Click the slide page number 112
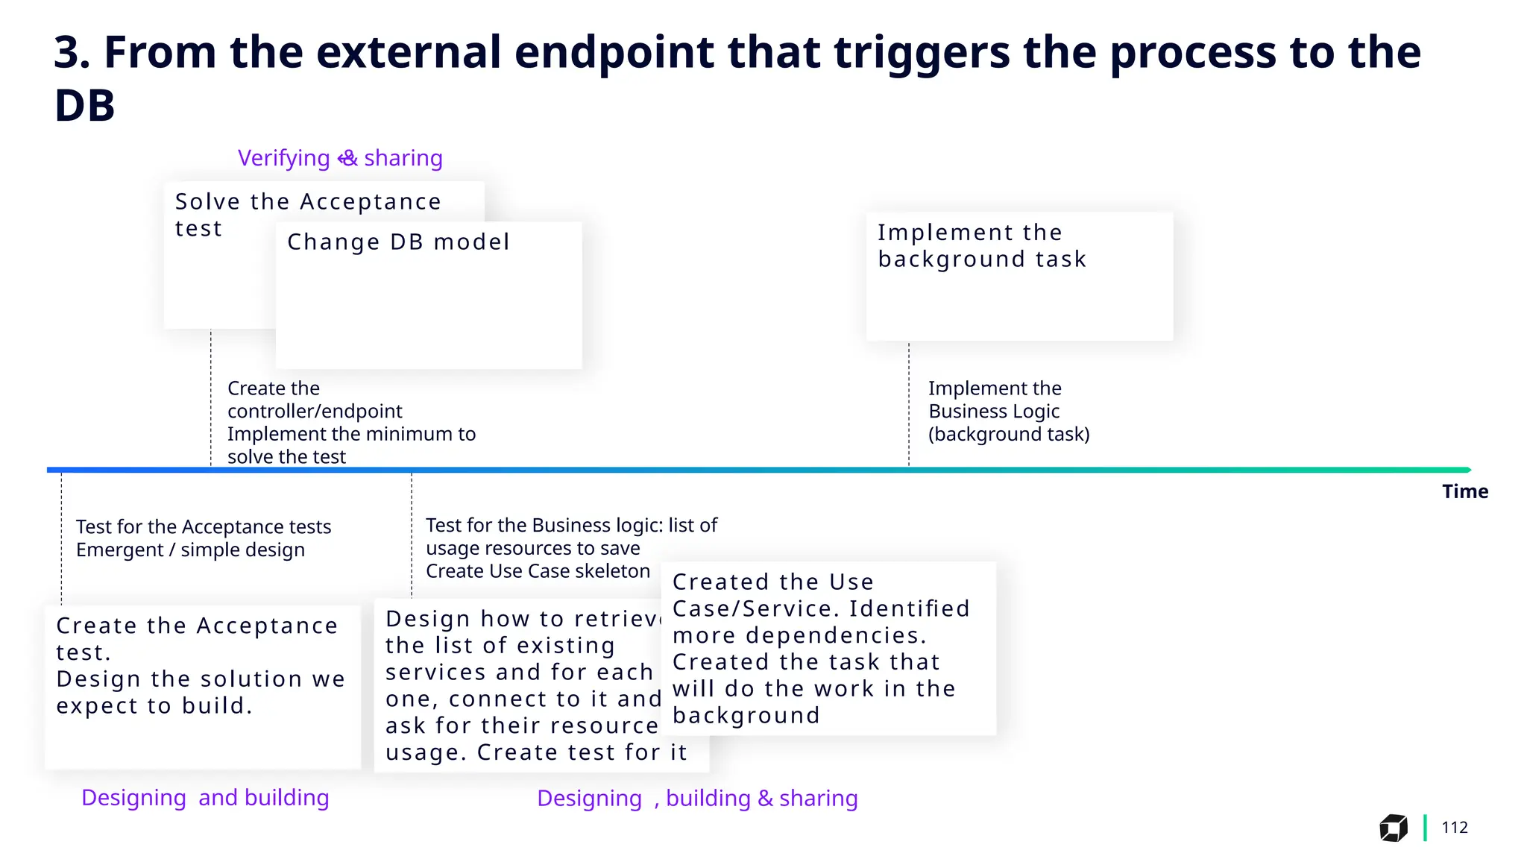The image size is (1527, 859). pyautogui.click(x=1454, y=827)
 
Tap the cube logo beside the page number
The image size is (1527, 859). pyautogui.click(x=1393, y=828)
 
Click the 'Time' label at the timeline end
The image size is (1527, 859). pyautogui.click(x=1464, y=491)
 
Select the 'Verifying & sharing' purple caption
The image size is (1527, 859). pyautogui.click(x=340, y=158)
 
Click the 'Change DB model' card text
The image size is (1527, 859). pyautogui.click(x=398, y=242)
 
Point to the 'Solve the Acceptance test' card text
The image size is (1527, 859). pyautogui.click(x=307, y=215)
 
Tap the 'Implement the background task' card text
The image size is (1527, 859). pyautogui.click(x=981, y=246)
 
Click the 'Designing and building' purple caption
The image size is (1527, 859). pyautogui.click(x=205, y=797)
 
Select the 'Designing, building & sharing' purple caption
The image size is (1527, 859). pyautogui.click(x=697, y=798)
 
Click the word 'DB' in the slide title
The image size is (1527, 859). pyautogui.click(x=85, y=105)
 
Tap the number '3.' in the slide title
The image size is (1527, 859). pyautogui.click(x=72, y=52)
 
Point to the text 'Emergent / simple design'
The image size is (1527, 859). pyautogui.click(x=190, y=550)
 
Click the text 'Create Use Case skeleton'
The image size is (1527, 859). pyautogui.click(x=538, y=571)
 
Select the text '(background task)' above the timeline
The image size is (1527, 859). pyautogui.click(x=1008, y=434)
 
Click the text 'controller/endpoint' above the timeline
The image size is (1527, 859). pyautogui.click(x=314, y=411)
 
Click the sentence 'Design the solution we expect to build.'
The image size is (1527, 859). pyautogui.click(x=200, y=692)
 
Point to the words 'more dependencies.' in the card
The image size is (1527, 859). pyautogui.click(x=799, y=635)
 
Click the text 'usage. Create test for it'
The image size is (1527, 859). pyautogui.click(x=535, y=752)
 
